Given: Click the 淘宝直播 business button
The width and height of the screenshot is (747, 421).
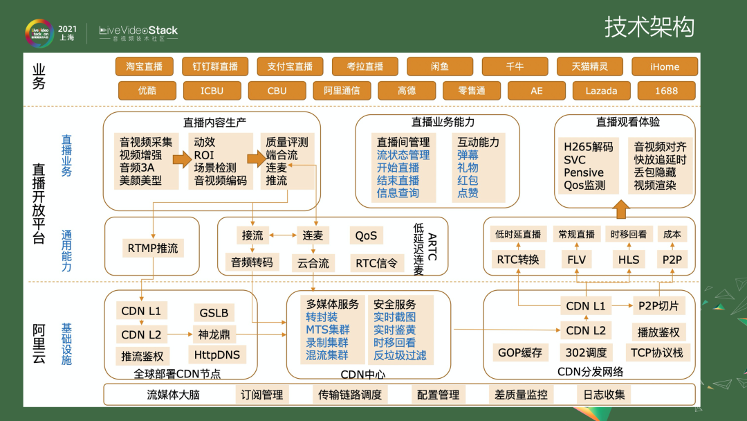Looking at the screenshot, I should (144, 66).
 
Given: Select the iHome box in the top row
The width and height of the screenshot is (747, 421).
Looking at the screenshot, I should (664, 66).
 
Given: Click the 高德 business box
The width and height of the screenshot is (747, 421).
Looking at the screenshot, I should (407, 91).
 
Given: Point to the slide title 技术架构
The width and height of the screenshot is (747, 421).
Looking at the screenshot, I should (649, 27).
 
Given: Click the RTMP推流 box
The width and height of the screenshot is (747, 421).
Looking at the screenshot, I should (152, 248).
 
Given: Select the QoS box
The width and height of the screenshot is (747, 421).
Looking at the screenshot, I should (366, 235).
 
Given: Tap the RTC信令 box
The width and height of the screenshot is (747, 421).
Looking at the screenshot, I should (376, 262).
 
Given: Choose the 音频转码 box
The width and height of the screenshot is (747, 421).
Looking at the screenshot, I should (252, 262).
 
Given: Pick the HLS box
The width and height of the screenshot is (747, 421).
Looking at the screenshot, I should (629, 260).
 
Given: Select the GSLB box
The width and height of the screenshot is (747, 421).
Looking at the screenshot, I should (214, 312).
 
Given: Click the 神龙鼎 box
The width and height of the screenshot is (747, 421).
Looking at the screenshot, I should (214, 334).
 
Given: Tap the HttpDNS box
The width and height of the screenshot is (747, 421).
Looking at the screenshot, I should (216, 355).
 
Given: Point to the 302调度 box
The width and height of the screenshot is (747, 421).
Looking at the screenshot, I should (586, 352).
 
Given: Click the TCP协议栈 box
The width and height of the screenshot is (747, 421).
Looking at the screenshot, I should (656, 352).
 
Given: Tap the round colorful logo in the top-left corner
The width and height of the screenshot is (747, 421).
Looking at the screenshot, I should (39, 33).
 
